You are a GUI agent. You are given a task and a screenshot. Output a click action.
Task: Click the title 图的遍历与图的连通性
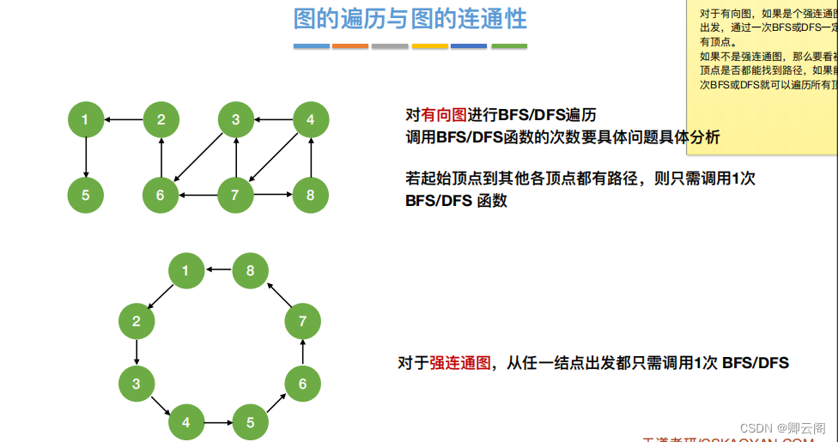410,18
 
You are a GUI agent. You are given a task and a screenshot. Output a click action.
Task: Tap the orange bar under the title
350,45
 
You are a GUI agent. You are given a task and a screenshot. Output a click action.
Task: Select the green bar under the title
509,45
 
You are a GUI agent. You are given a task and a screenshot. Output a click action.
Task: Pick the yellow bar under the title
429,45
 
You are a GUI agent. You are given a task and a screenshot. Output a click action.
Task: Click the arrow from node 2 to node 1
123,119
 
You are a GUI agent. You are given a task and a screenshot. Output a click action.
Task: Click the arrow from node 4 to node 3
273,119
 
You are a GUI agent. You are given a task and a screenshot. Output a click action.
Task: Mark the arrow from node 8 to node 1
218,271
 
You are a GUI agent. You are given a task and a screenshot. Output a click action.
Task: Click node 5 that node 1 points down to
85,195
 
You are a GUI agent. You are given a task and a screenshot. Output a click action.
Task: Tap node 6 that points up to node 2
161,195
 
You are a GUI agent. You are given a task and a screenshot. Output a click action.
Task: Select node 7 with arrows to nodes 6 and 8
235,195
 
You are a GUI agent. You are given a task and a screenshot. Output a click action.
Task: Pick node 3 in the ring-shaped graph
137,384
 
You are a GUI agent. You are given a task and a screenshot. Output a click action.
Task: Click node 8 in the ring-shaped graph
251,271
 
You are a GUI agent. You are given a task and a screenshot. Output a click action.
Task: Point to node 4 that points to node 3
311,119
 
